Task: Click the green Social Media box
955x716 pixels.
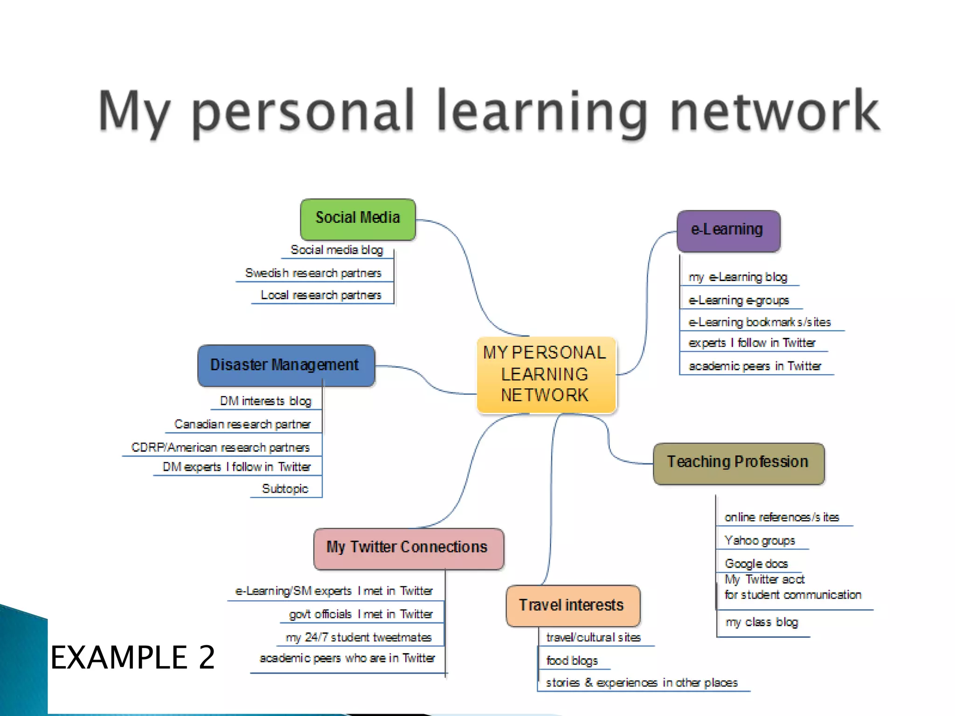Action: pyautogui.click(x=358, y=219)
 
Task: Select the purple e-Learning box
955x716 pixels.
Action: pyautogui.click(x=728, y=231)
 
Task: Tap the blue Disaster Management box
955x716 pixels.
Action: pyautogui.click(x=285, y=365)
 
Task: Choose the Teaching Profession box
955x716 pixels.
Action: pyautogui.click(x=738, y=463)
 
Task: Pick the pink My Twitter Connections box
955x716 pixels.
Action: pyautogui.click(x=408, y=548)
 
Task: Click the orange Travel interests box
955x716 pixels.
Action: pyautogui.click(x=572, y=606)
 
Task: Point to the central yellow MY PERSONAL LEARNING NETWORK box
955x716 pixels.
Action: pyautogui.click(x=546, y=374)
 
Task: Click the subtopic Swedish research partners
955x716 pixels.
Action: pyautogui.click(x=313, y=273)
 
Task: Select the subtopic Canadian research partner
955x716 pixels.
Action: pyautogui.click(x=242, y=425)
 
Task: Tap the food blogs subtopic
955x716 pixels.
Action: pyautogui.click(x=572, y=661)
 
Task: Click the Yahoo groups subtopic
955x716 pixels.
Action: pyautogui.click(x=760, y=541)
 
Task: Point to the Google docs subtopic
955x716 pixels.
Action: pyautogui.click(x=756, y=564)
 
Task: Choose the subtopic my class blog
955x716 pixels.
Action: pyautogui.click(x=761, y=623)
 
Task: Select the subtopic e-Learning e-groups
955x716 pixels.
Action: pyautogui.click(x=739, y=301)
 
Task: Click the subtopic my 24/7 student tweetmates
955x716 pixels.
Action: pyautogui.click(x=359, y=638)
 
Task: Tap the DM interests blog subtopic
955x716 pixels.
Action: pyautogui.click(x=265, y=401)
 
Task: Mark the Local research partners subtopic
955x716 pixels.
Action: pyautogui.click(x=321, y=296)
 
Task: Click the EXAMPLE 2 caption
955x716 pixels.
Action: pyautogui.click(x=133, y=657)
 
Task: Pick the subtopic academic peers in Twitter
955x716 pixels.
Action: pyautogui.click(x=754, y=366)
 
